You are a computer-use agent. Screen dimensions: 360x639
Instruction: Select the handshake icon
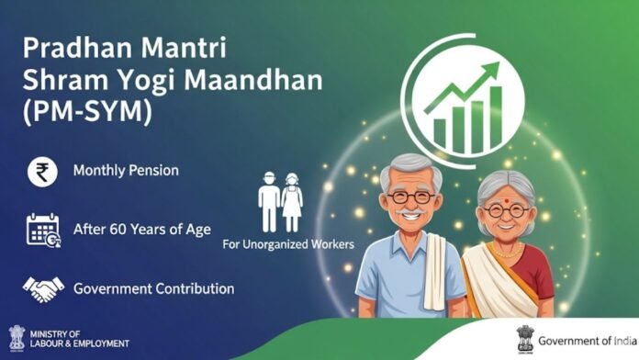coord(40,288)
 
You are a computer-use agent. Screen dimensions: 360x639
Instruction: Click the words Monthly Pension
coord(126,172)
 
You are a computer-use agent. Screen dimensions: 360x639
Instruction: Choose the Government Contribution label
coord(153,288)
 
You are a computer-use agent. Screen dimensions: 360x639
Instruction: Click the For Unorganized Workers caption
coord(288,246)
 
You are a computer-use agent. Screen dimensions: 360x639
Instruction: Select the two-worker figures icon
coord(280,204)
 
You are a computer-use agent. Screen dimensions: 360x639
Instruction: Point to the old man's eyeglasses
coord(410,197)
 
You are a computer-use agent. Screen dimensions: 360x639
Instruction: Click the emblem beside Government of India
coord(526,339)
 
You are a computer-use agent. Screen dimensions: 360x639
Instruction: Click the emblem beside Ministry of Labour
coord(16,337)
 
